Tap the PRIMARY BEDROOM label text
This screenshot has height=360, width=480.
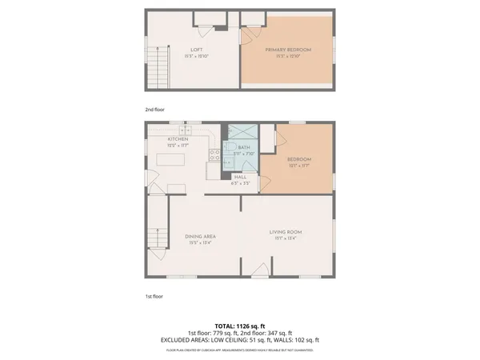288,50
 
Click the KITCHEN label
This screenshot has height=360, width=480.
178,139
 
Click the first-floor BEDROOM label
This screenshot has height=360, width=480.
299,159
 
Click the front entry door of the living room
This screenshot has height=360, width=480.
258,274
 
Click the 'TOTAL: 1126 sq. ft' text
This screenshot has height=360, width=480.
240,326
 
